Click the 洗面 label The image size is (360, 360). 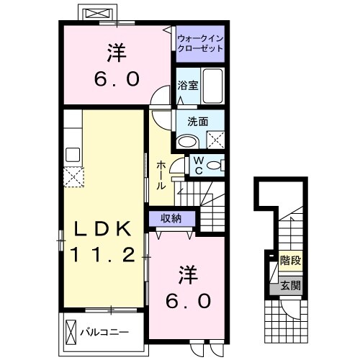(197, 122)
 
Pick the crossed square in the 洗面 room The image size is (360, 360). (215, 140)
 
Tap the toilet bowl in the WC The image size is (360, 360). (212, 166)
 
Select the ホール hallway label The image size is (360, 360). (161, 175)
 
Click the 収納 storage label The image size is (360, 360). (171, 218)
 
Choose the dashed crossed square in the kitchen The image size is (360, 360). (73, 175)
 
